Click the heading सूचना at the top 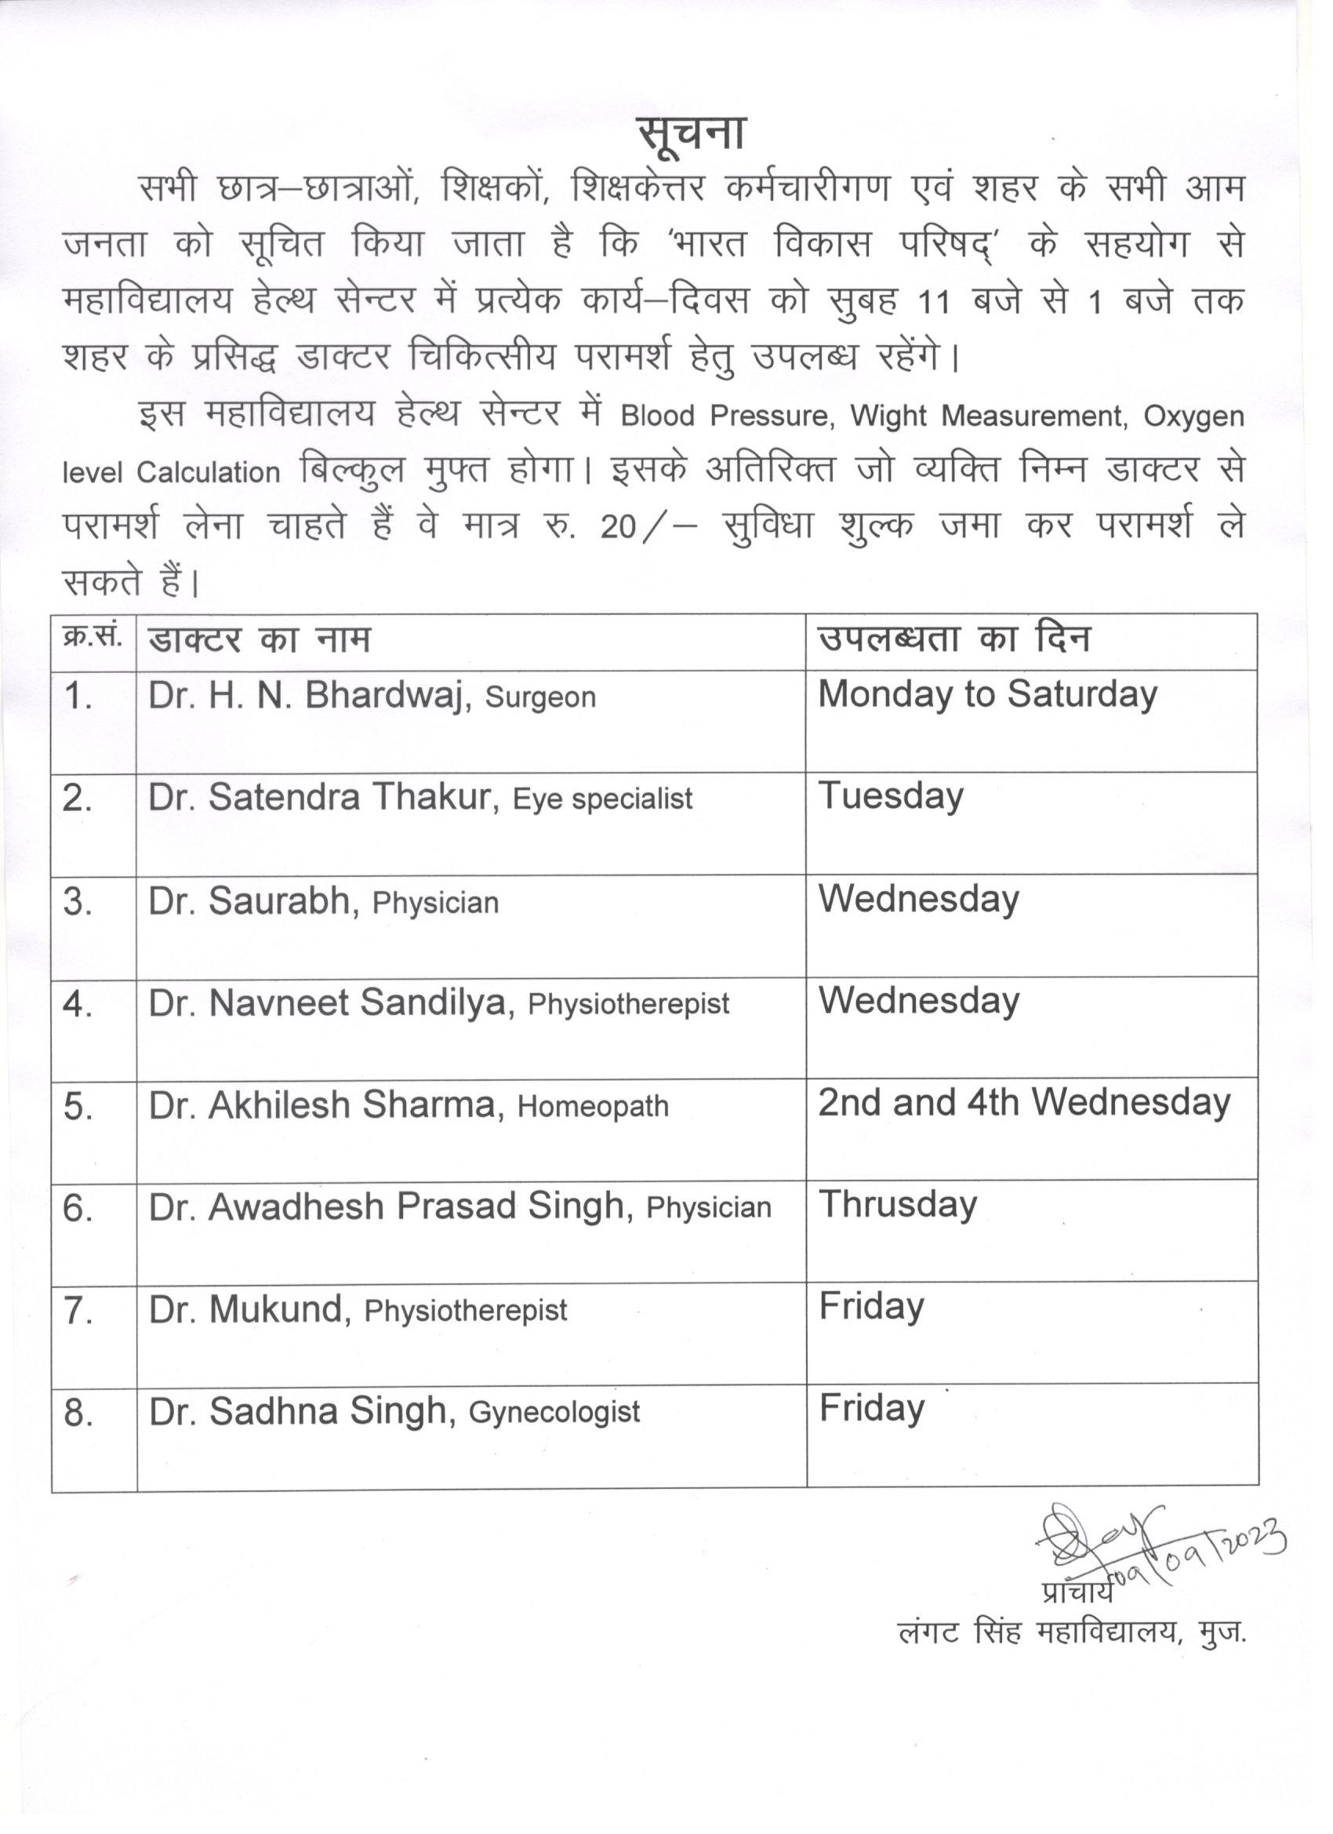tap(689, 134)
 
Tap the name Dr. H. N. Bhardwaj tap(309, 696)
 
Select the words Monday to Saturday tap(987, 696)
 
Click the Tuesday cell tap(891, 796)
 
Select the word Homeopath tap(593, 1106)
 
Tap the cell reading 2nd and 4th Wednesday tap(1023, 1103)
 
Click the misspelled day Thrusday tap(898, 1205)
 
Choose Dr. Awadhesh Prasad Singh tap(387, 1207)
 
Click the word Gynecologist tap(554, 1412)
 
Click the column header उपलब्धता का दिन tap(953, 639)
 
